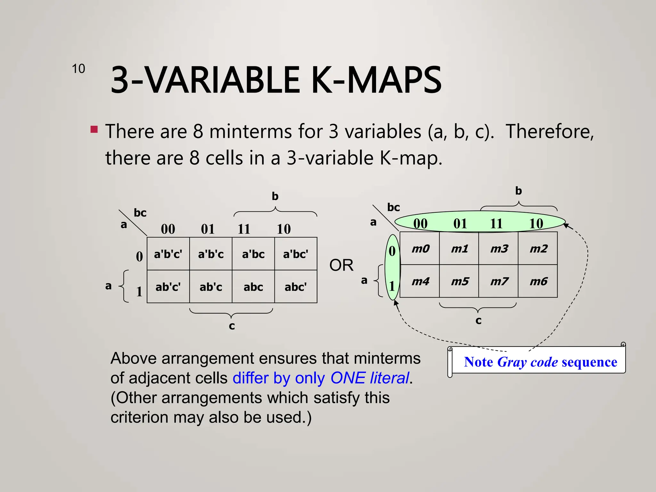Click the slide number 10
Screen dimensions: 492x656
coord(78,69)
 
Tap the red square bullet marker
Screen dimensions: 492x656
coord(94,129)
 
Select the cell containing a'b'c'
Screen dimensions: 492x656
coord(168,254)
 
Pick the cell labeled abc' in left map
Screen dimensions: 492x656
coord(296,287)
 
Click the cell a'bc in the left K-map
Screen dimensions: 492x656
coord(253,254)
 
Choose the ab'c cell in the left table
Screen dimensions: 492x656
coord(211,287)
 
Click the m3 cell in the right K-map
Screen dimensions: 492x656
coord(499,249)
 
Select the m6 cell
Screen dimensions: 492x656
coord(538,281)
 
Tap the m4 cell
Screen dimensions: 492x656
coord(420,281)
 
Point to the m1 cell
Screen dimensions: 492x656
coord(459,249)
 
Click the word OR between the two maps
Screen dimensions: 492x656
coord(341,265)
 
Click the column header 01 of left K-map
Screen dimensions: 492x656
coord(208,229)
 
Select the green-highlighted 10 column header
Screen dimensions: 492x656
coord(536,224)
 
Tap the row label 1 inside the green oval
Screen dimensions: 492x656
coord(392,286)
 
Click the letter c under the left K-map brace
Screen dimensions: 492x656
coord(232,326)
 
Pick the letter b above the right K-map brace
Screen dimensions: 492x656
coord(518,191)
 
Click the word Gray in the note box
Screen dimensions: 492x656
coord(512,362)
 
